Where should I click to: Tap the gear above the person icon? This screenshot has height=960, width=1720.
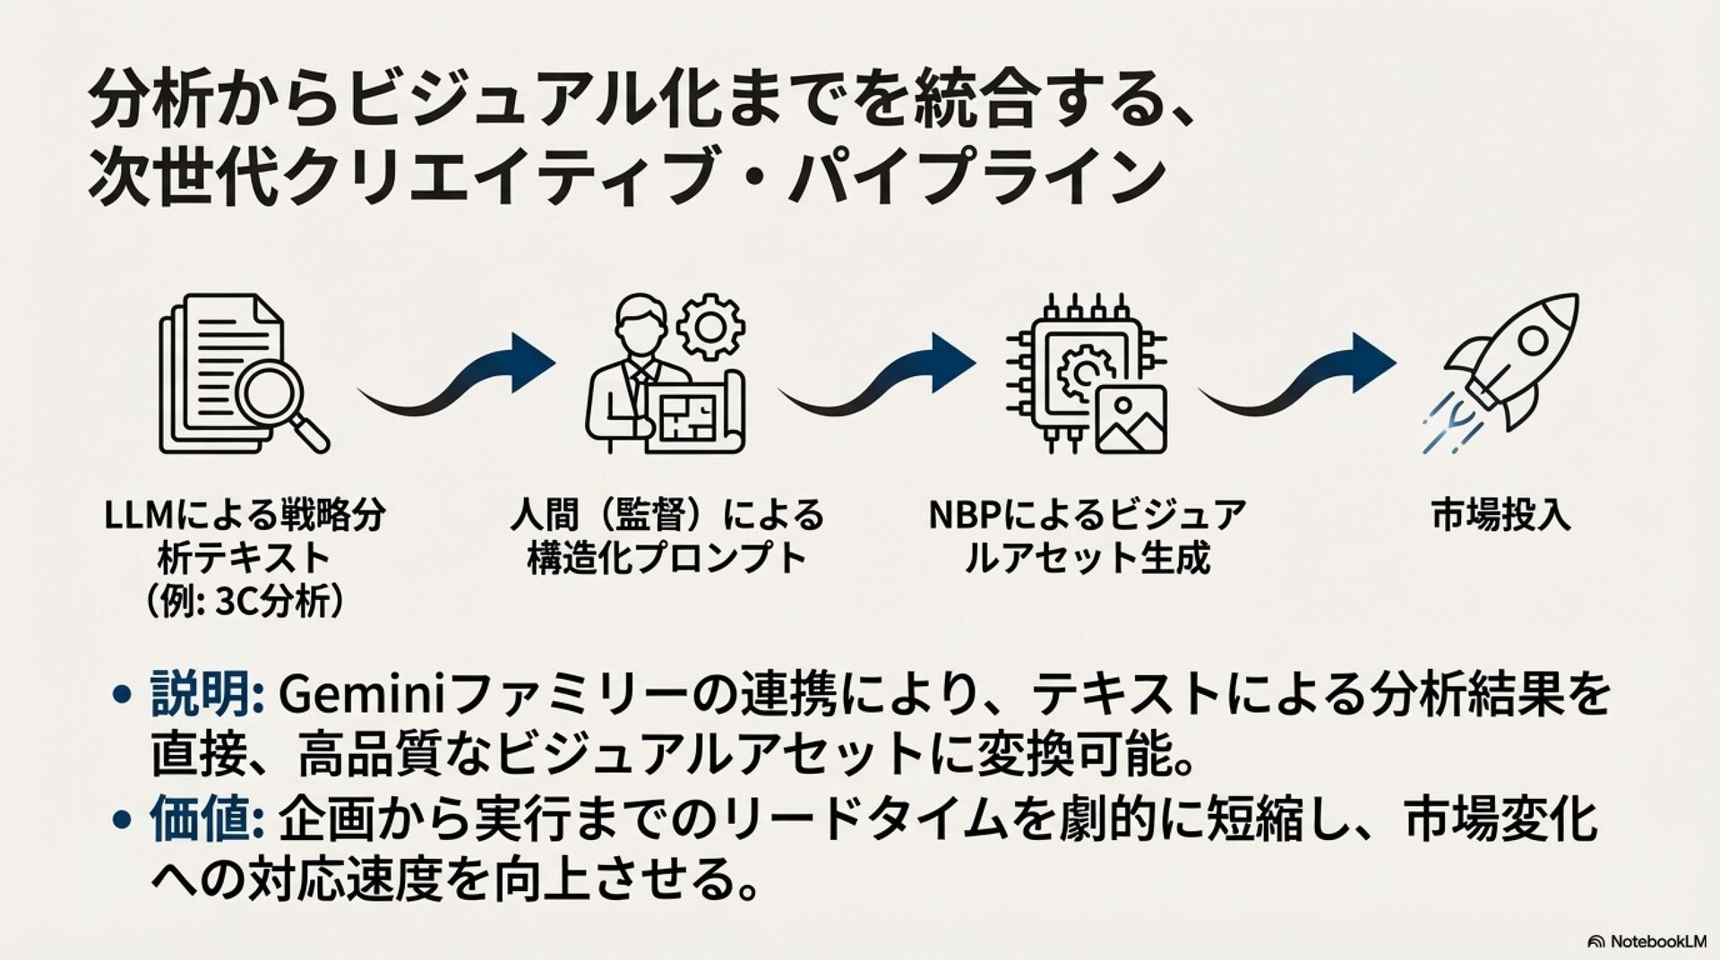(710, 327)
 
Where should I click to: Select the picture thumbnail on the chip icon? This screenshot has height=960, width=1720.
(1131, 420)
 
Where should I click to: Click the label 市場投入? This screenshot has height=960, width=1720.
(1501, 517)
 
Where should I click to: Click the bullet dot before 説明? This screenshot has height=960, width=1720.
(123, 696)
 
